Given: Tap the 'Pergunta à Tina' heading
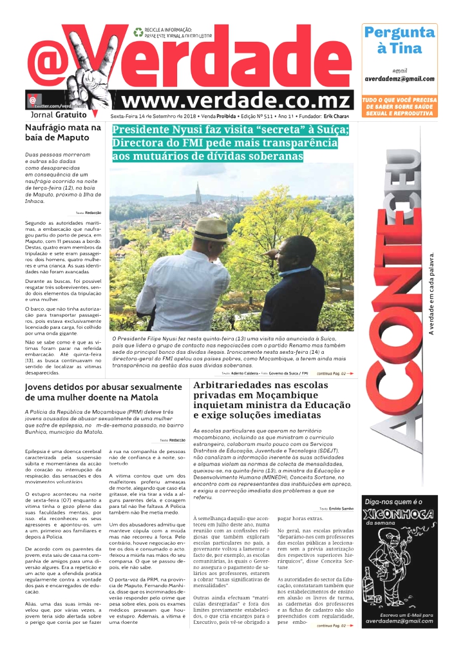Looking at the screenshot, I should [399, 40].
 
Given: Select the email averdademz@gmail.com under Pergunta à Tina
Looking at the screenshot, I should [399, 78].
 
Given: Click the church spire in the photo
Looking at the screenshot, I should [198, 191].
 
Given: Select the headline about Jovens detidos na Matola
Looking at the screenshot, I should [95, 393].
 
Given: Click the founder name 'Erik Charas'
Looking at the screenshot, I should [337, 117].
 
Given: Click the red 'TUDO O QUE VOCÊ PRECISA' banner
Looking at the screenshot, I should [399, 106].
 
